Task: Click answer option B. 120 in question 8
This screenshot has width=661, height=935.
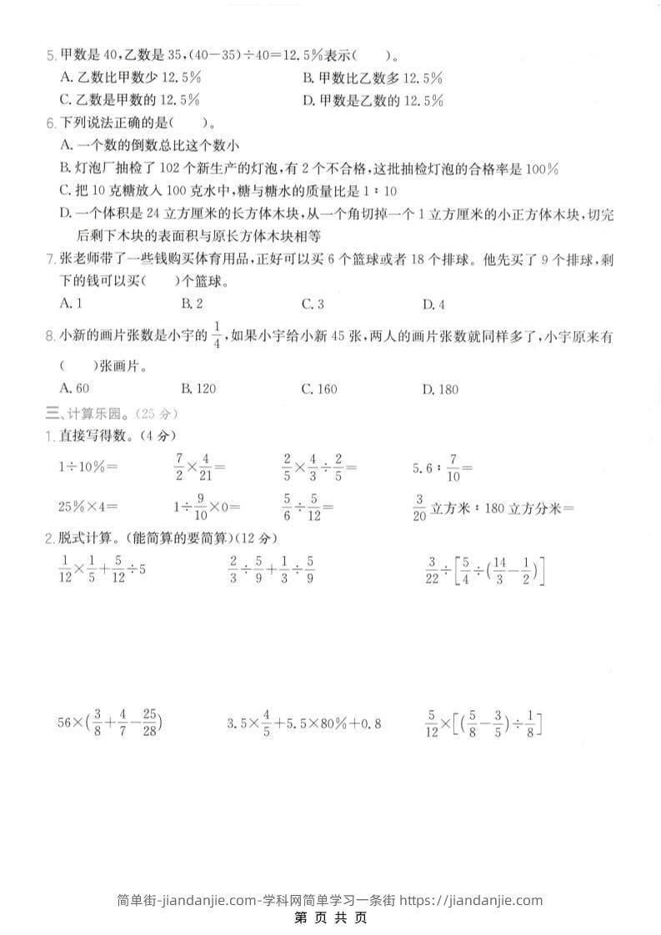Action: pyautogui.click(x=198, y=389)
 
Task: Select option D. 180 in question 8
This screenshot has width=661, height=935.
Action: pyautogui.click(x=440, y=389)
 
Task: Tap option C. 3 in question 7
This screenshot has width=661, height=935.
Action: pyautogui.click(x=313, y=303)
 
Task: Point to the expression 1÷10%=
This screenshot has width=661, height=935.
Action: pyautogui.click(x=88, y=467)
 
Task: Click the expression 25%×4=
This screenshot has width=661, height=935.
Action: pyautogui.click(x=88, y=506)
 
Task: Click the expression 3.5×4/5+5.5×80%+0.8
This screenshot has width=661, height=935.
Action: pyautogui.click(x=304, y=722)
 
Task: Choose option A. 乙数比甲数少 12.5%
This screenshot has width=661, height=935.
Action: pyautogui.click(x=130, y=77)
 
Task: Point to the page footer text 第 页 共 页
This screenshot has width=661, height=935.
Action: pyautogui.click(x=331, y=918)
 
